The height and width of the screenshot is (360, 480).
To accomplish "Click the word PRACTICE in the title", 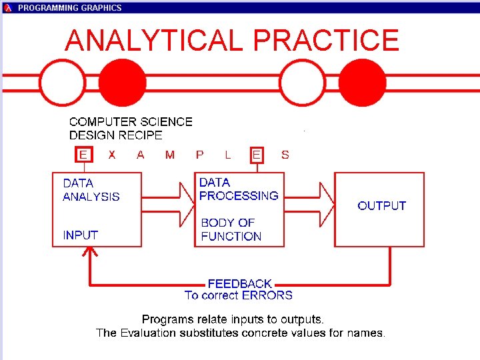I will pyautogui.click(x=326, y=41).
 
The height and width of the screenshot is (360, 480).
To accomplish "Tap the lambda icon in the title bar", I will pyautogui.click(x=8, y=7).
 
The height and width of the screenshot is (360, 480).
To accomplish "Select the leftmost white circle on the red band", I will pyautogui.click(x=62, y=83).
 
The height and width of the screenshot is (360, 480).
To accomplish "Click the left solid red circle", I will pyautogui.click(x=123, y=83).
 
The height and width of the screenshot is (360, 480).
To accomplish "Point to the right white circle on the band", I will pyautogui.click(x=303, y=83).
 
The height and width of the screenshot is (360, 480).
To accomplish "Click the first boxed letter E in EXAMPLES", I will pyautogui.click(x=83, y=155).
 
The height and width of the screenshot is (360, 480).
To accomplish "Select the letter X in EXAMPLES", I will pyautogui.click(x=112, y=155).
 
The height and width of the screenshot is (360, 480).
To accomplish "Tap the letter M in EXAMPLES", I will pyautogui.click(x=170, y=155).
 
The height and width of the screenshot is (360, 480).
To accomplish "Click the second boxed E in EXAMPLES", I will pyautogui.click(x=257, y=155).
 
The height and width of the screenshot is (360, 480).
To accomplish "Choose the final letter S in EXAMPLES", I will pyautogui.click(x=285, y=155).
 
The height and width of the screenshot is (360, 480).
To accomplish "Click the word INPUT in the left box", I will pyautogui.click(x=80, y=235).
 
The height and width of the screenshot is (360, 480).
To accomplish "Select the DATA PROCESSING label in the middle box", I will pyautogui.click(x=238, y=189).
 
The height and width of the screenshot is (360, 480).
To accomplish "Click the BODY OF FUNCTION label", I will pyautogui.click(x=231, y=229).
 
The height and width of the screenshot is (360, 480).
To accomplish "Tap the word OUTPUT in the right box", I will pyautogui.click(x=381, y=205).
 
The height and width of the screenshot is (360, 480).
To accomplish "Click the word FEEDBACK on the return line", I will pyautogui.click(x=239, y=283).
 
